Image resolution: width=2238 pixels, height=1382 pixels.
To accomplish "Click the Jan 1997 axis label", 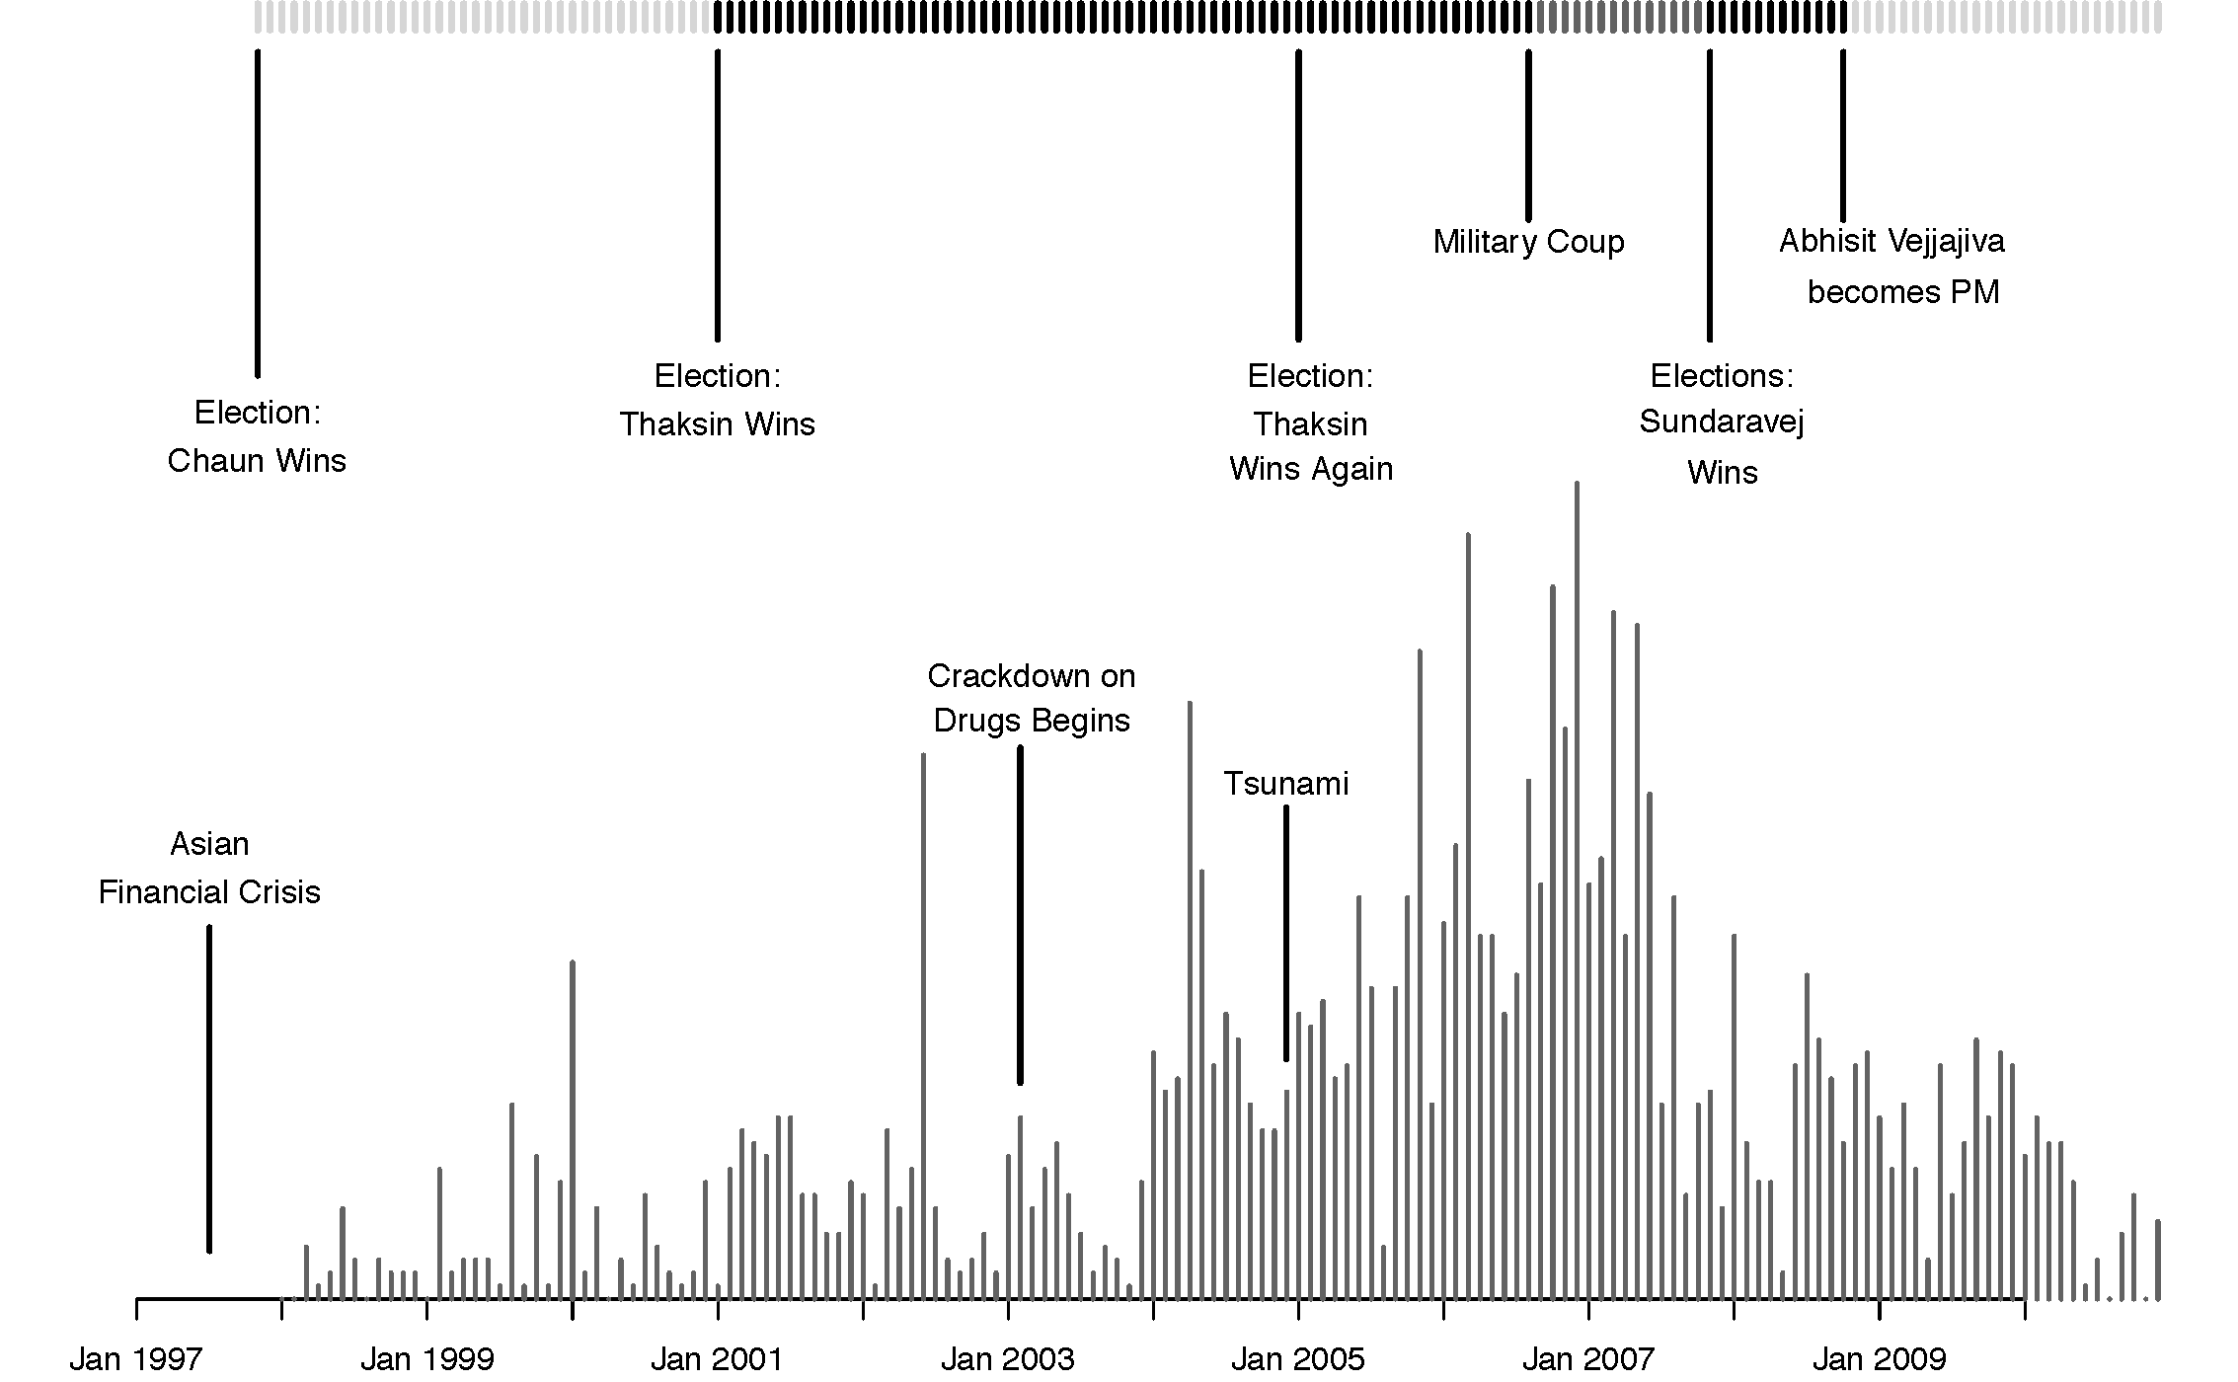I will pyautogui.click(x=135, y=1359).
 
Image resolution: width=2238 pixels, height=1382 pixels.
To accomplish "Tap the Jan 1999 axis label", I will pyautogui.click(x=426, y=1359).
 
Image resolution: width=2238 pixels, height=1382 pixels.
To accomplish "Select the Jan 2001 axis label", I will pyautogui.click(x=717, y=1359).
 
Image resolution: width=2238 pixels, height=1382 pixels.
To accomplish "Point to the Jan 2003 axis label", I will pyautogui.click(x=1007, y=1359).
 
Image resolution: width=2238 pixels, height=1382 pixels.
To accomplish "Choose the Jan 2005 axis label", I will pyautogui.click(x=1297, y=1359).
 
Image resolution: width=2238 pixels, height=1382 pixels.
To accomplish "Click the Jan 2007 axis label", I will pyautogui.click(x=1587, y=1359).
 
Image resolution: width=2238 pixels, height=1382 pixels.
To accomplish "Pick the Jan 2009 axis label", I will pyautogui.click(x=1879, y=1359).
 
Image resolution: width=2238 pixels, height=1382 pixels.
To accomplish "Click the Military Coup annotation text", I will pyautogui.click(x=1528, y=242).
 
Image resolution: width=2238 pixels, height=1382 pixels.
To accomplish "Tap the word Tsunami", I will pyautogui.click(x=1285, y=784).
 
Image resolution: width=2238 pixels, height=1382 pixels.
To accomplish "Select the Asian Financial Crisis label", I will pyautogui.click(x=209, y=869).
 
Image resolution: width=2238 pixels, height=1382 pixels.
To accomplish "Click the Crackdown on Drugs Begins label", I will pyautogui.click(x=1032, y=699).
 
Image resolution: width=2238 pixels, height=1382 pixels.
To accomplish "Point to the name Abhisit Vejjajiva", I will pyautogui.click(x=1891, y=242).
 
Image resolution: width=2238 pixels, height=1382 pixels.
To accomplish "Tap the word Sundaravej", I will pyautogui.click(x=1722, y=422).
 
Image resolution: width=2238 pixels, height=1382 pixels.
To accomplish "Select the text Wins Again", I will pyautogui.click(x=1311, y=469).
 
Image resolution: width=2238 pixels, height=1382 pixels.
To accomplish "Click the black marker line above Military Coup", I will pyautogui.click(x=1528, y=135).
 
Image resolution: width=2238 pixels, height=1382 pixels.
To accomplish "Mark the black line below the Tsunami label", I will pyautogui.click(x=1285, y=933).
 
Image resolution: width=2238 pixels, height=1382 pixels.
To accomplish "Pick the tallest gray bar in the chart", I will pyautogui.click(x=1577, y=888).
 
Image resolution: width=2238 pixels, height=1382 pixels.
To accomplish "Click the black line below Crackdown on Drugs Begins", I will pyautogui.click(x=1020, y=914).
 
